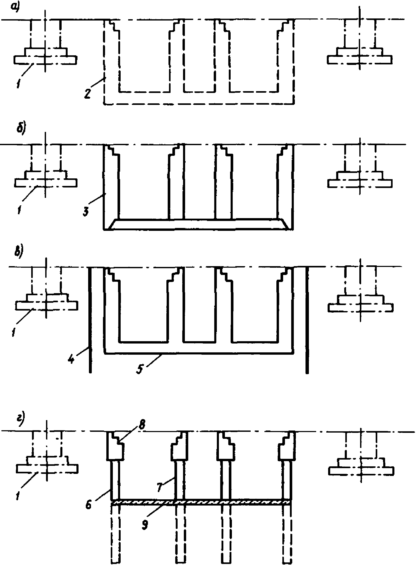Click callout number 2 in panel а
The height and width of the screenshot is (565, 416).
87,93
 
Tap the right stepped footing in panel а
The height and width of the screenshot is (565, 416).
360,56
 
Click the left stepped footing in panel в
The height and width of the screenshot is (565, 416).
46,302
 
